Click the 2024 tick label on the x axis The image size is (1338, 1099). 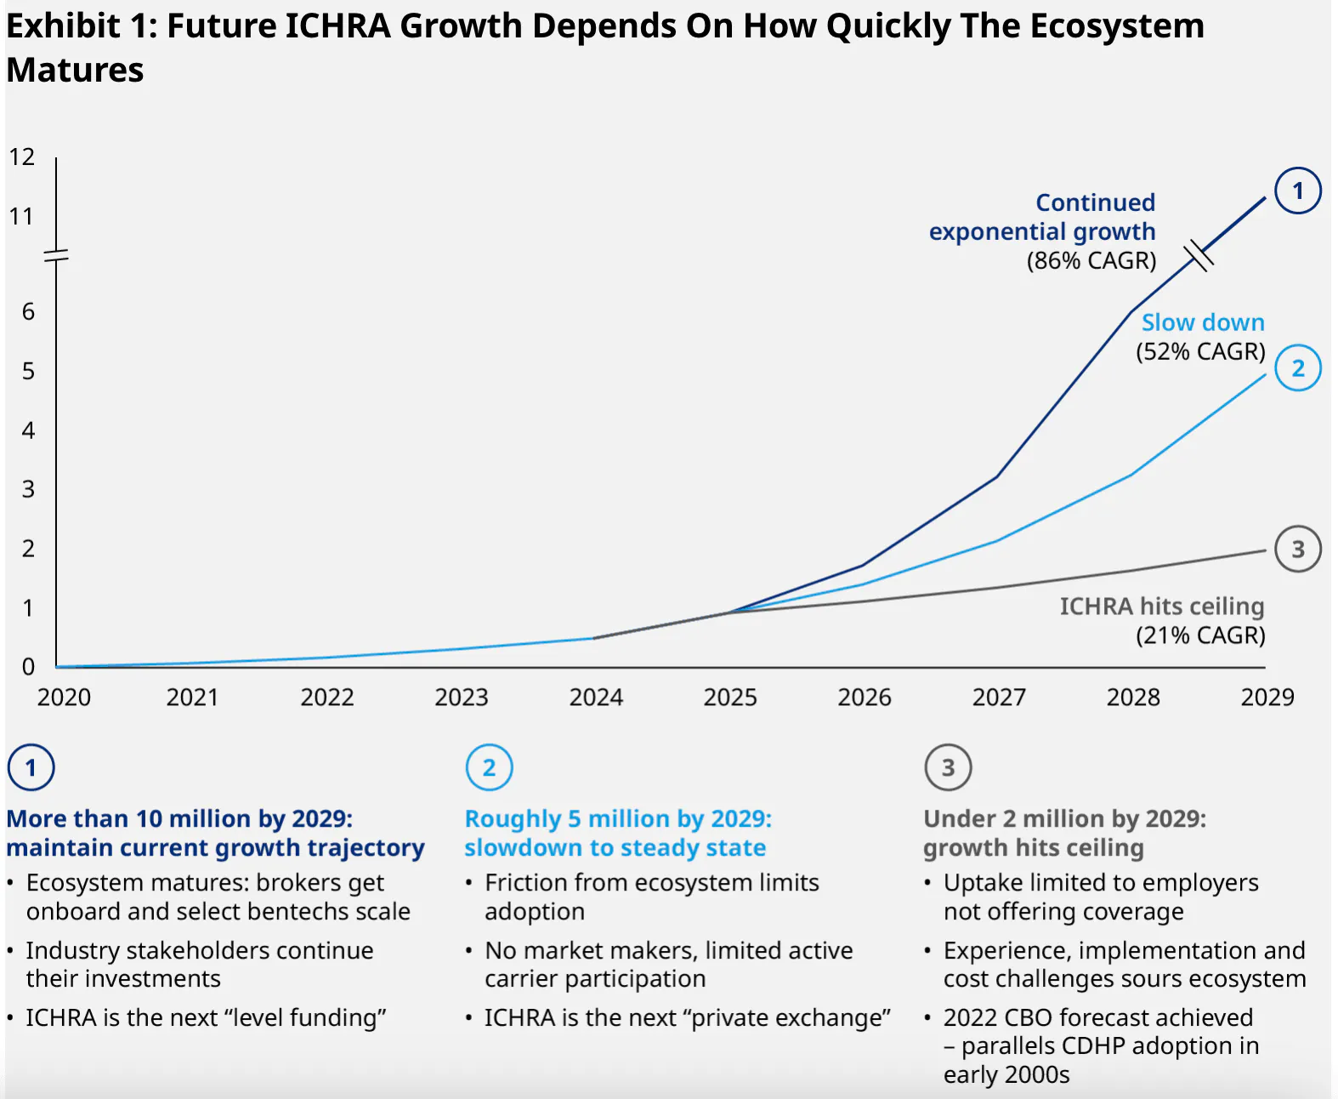596,698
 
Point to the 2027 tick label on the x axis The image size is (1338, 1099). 999,698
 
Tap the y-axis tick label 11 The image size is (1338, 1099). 22,217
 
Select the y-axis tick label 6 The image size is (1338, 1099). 28,312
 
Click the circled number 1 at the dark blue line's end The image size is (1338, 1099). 1297,191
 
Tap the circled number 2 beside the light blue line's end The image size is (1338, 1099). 1297,368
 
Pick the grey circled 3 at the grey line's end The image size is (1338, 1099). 1297,549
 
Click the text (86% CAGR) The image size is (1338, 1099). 1091,260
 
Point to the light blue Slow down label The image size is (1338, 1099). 1202,322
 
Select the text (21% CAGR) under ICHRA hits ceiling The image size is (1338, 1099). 1200,635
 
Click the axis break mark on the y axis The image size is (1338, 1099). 56,255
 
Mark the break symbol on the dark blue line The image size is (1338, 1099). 1199,254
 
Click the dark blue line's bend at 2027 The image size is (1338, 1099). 996,477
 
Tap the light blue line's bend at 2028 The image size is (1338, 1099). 1131,475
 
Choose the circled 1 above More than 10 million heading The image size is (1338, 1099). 31,767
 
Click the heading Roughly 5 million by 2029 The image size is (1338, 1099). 618,818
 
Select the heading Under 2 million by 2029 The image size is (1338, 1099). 1064,818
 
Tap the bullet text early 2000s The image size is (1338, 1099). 1006,1074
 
